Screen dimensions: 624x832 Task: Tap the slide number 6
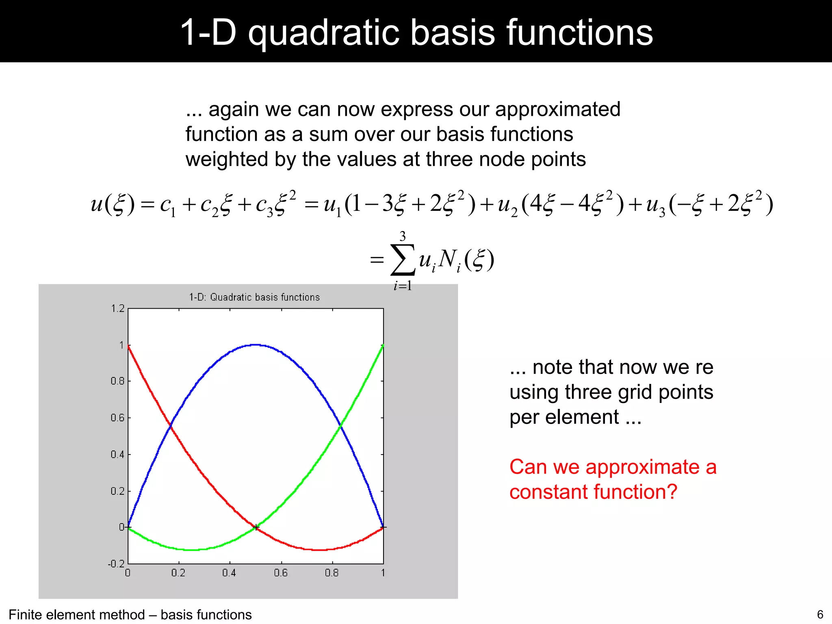pyautogui.click(x=820, y=614)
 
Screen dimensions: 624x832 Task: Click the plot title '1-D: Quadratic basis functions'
pyautogui.click(x=254, y=297)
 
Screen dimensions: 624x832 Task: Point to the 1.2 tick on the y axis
pyautogui.click(x=118, y=308)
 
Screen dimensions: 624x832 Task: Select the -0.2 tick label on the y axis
pyautogui.click(x=116, y=563)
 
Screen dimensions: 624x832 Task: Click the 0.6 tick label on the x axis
pyautogui.click(x=281, y=573)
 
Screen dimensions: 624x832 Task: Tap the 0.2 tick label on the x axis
pyautogui.click(x=178, y=573)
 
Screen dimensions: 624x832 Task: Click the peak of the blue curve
pyautogui.click(x=256, y=344)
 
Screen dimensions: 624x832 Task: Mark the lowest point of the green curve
pyautogui.click(x=192, y=550)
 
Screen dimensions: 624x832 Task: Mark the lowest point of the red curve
pyautogui.click(x=320, y=550)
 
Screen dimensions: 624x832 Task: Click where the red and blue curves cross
pyautogui.click(x=171, y=425)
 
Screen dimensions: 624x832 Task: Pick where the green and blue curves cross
pyautogui.click(x=340, y=425)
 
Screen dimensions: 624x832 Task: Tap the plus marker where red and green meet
pyautogui.click(x=256, y=527)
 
